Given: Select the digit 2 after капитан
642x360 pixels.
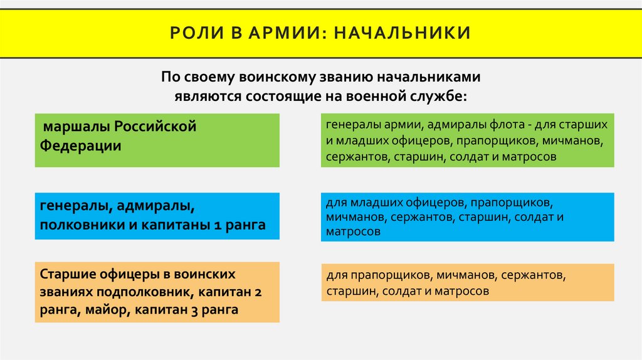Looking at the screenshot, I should tap(258, 292).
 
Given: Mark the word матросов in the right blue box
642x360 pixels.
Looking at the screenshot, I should tap(353, 231).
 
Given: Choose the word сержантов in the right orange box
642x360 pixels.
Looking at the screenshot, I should tap(532, 275).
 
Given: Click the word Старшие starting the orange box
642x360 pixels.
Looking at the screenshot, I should tap(66, 275).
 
